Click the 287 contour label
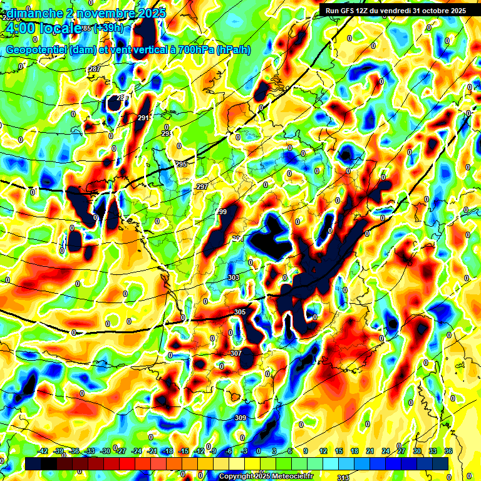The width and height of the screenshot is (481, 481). coord(95,69)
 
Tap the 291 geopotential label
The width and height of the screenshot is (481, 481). coord(143,118)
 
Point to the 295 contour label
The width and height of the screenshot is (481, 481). coord(181,164)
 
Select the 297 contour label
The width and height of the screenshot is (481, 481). coord(202,187)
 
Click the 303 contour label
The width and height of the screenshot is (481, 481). coord(234,277)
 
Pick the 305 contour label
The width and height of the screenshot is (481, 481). coord(240,312)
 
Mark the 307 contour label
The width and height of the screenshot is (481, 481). coord(235,353)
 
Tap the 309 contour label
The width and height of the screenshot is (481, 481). coord(240,418)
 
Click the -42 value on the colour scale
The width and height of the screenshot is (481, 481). coord(43,451)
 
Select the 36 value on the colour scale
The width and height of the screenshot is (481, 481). coord(448,451)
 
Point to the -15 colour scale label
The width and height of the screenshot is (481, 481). coord(183,451)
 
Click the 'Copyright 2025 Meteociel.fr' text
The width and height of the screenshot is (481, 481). coord(266,476)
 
